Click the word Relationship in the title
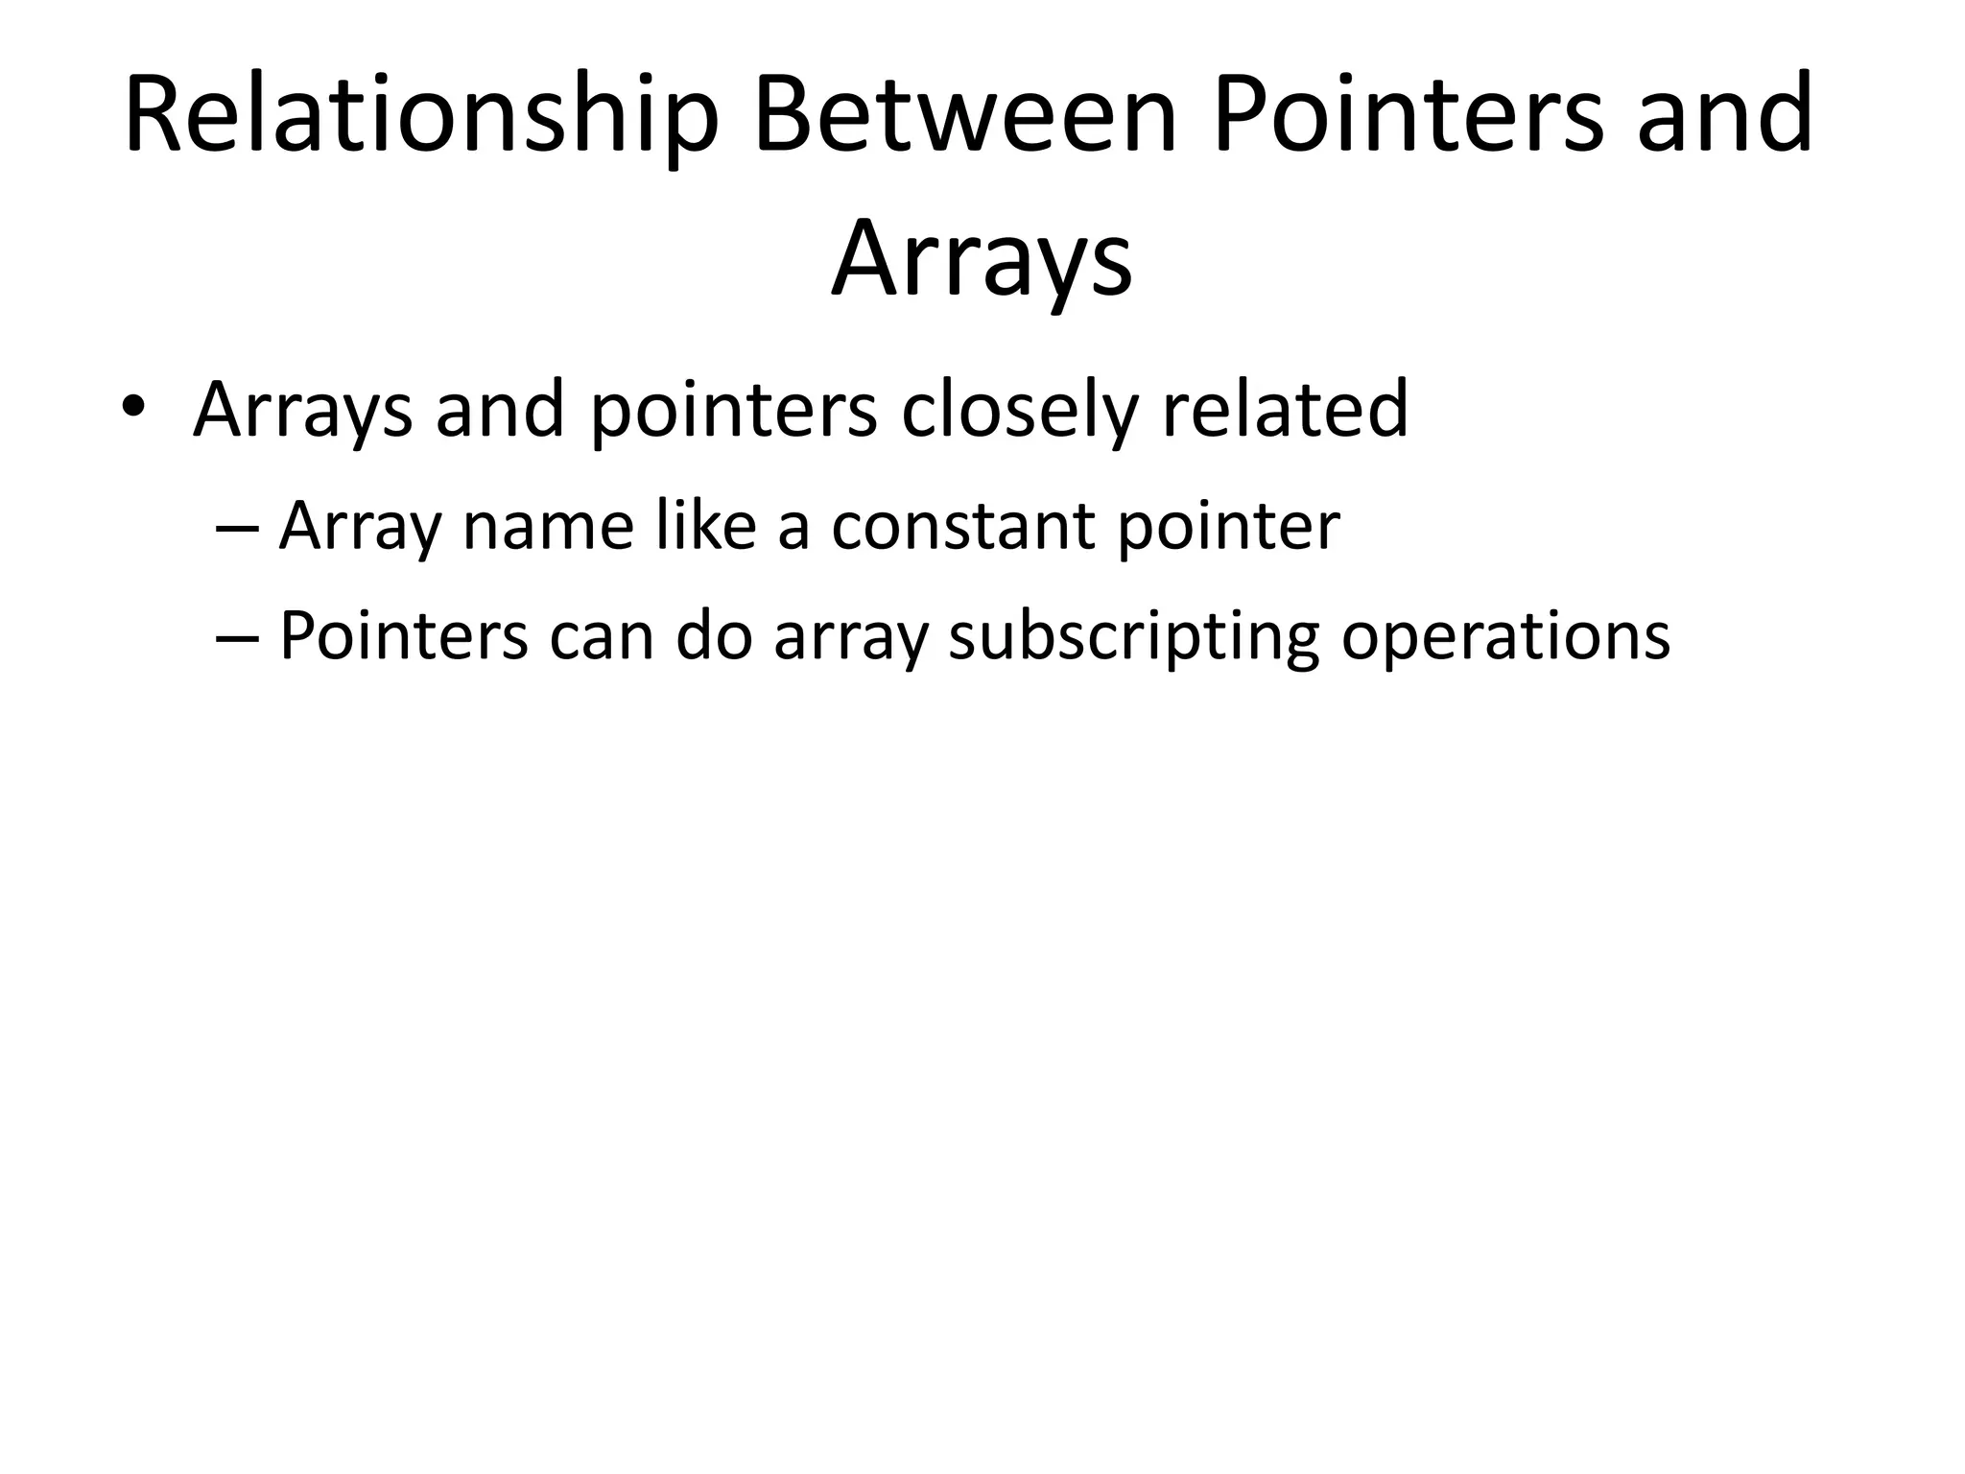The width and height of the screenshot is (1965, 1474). (x=421, y=115)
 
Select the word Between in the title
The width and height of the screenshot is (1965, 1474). (x=965, y=115)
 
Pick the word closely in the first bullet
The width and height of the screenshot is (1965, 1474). (x=1018, y=411)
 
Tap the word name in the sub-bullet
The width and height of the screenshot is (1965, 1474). (x=548, y=527)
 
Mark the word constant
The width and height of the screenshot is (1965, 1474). (x=963, y=527)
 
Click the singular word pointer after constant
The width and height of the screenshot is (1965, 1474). (x=1229, y=529)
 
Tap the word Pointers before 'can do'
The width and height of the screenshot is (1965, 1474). (x=403, y=635)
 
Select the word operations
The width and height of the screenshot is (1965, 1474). (x=1505, y=637)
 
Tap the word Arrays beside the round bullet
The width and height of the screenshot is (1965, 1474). (x=302, y=411)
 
